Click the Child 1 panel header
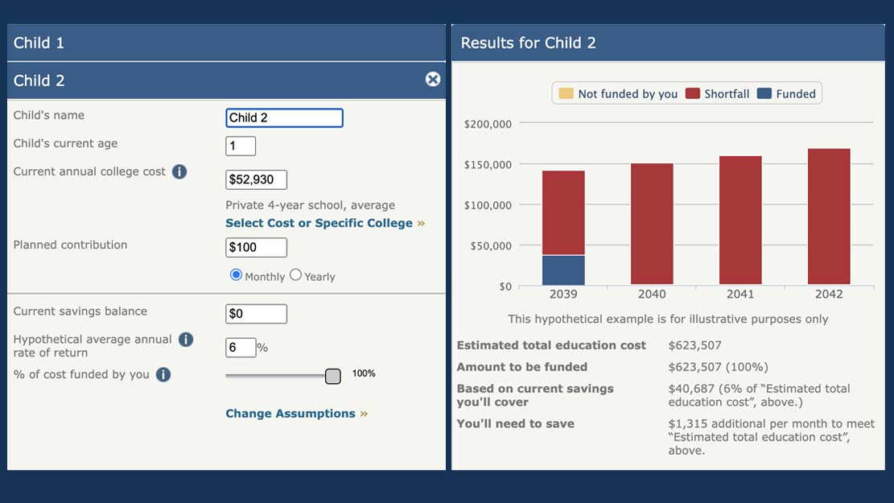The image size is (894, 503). click(225, 43)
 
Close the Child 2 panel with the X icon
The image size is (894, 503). click(433, 79)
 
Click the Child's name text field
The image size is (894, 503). click(284, 118)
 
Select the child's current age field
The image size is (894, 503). click(241, 146)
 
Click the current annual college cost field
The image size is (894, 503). click(256, 179)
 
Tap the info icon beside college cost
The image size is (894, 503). click(179, 171)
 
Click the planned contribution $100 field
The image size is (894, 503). click(256, 247)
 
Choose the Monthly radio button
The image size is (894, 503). click(236, 275)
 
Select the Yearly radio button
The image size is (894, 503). click(295, 275)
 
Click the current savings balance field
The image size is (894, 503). click(256, 314)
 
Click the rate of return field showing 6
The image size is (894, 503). click(241, 348)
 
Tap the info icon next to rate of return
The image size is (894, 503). click(186, 340)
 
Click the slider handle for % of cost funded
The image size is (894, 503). click(333, 376)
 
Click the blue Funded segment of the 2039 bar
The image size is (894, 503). click(563, 270)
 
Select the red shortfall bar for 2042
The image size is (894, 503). click(829, 216)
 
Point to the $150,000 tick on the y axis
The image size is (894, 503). click(489, 164)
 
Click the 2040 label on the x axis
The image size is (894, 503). click(652, 295)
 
